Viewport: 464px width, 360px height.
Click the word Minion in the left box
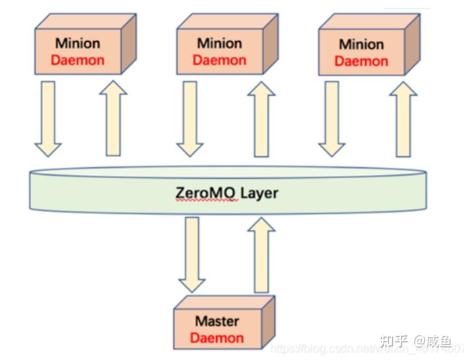(78, 43)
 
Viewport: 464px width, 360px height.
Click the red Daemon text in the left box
(78, 60)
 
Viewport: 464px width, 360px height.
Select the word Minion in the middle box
(219, 43)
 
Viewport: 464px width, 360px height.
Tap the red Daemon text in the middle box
(219, 60)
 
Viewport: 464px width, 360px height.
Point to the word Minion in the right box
(361, 44)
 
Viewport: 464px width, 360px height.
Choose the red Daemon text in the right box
(361, 61)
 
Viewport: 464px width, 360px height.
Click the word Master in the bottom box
(217, 321)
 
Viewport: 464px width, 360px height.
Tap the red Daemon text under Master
(217, 337)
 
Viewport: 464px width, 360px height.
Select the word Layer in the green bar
(259, 193)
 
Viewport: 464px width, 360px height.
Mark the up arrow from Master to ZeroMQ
(261, 255)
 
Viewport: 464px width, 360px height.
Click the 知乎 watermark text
(394, 341)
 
